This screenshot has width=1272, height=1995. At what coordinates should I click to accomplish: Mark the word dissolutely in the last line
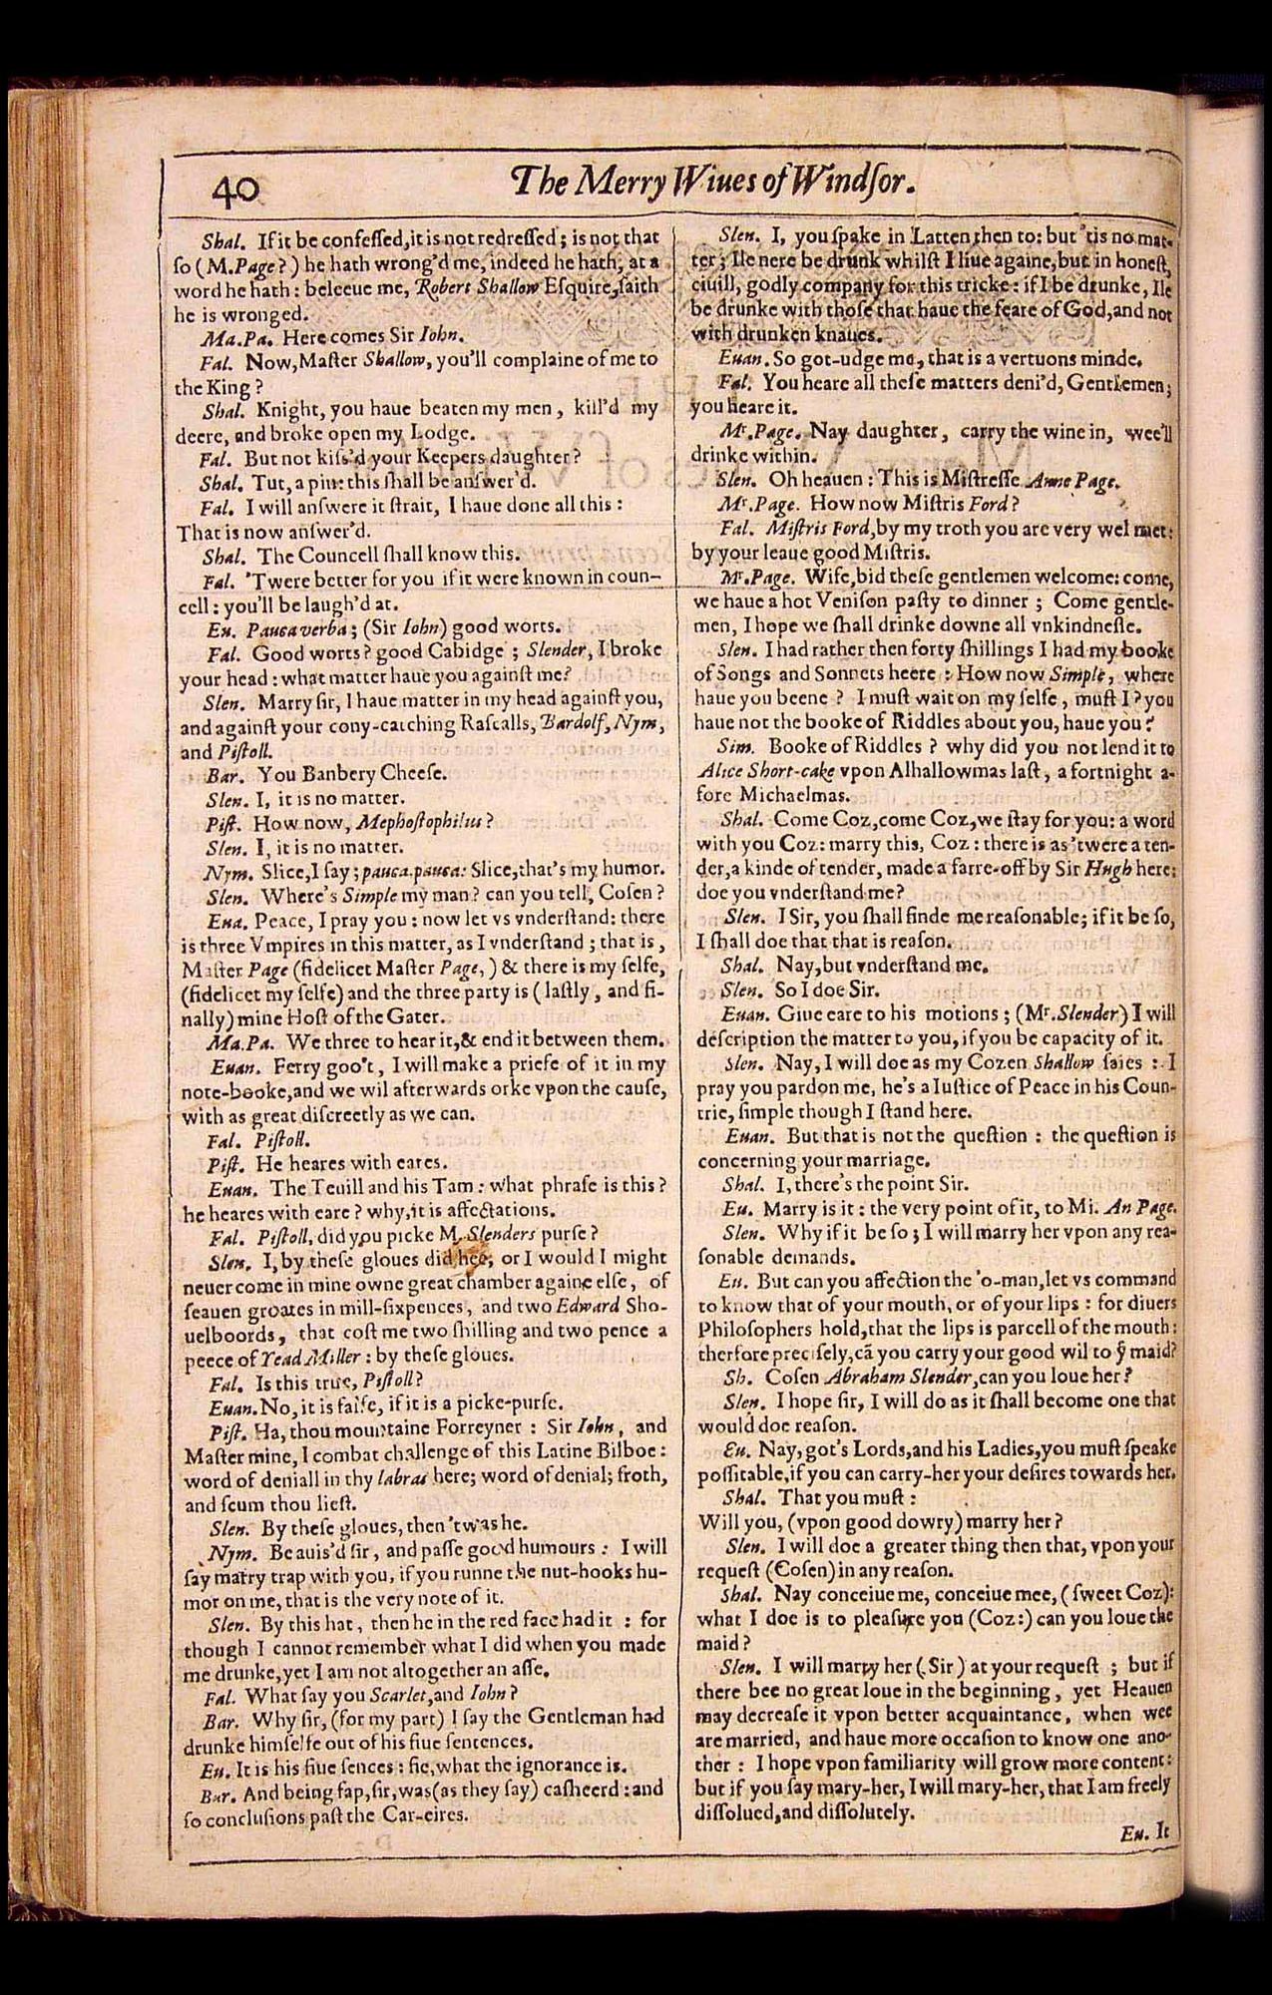[862, 1811]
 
